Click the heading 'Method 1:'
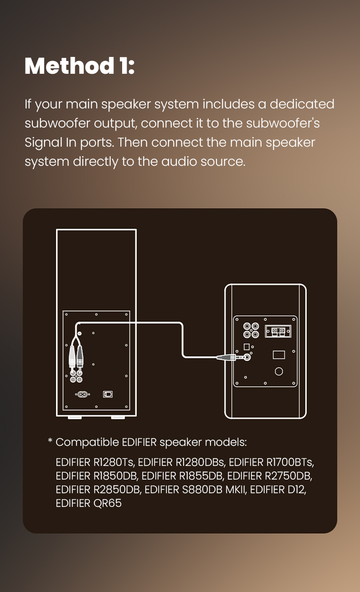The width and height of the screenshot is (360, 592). [x=80, y=66]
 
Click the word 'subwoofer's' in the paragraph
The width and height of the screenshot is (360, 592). [x=283, y=123]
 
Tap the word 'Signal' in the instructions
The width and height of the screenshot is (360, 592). [x=43, y=143]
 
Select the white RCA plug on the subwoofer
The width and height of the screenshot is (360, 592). [x=72, y=356]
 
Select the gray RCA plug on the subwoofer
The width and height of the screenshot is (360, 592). [x=80, y=356]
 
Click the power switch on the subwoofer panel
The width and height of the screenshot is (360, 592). [x=108, y=394]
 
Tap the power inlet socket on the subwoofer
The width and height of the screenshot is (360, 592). [x=82, y=394]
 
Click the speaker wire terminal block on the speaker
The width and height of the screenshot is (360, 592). [x=278, y=331]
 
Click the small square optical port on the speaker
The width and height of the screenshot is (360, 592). [x=247, y=347]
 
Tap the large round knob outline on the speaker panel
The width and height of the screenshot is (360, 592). [x=279, y=371]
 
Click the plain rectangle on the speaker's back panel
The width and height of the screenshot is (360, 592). [x=279, y=355]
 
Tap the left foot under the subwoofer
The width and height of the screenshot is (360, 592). [x=75, y=418]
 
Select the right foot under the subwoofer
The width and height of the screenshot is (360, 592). [x=118, y=418]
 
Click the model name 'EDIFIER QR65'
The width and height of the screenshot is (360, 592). [x=88, y=503]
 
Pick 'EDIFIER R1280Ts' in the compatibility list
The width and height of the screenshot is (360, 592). [x=95, y=462]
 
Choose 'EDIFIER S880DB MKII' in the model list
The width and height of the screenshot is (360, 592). [x=195, y=490]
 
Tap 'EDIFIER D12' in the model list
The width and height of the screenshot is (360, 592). [x=277, y=490]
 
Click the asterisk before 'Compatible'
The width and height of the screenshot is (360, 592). [x=50, y=440]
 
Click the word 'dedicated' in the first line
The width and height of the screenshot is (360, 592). [x=302, y=104]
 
